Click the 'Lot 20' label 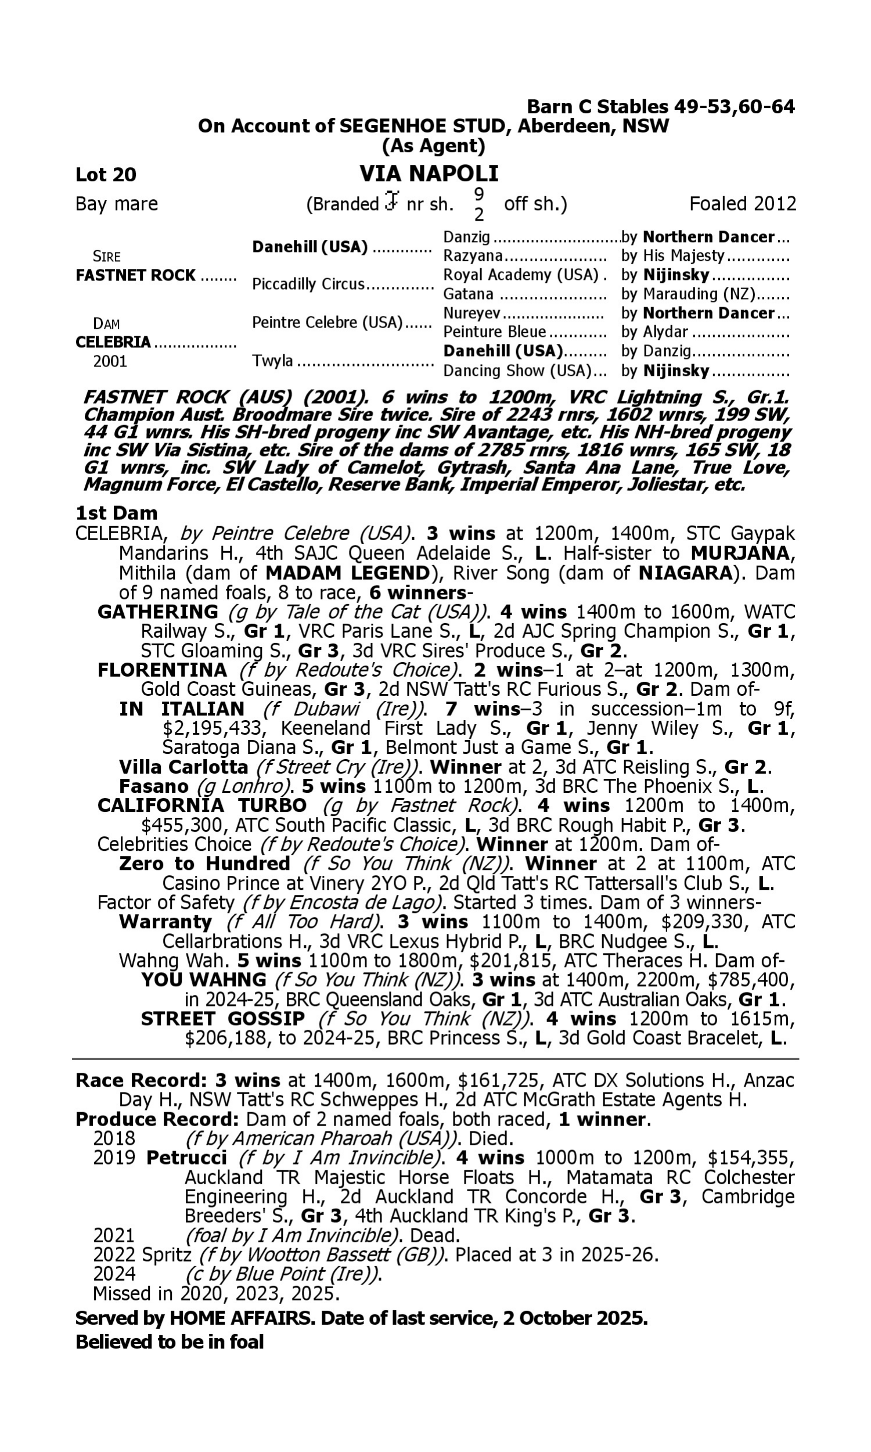click(106, 174)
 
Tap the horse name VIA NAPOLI click(429, 174)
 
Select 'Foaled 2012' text click(742, 204)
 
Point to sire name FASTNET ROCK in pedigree click(135, 275)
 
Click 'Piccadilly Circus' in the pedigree click(308, 284)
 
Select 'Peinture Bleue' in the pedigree click(494, 332)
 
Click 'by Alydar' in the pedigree click(654, 332)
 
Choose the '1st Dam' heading click(116, 513)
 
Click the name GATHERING click(157, 612)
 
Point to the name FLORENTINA click(162, 670)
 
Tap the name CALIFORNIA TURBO click(202, 805)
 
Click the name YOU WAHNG click(203, 980)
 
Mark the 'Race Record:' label click(141, 1080)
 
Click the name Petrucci click(186, 1158)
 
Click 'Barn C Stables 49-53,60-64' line click(660, 107)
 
